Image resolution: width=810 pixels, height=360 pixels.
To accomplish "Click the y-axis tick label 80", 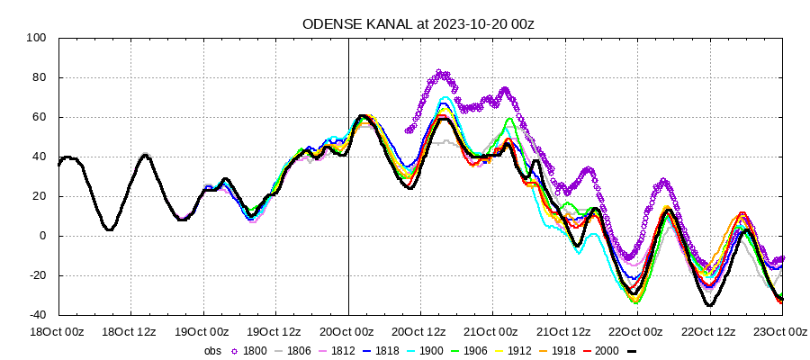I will [40, 77].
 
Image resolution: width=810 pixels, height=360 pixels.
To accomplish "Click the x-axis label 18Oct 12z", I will [130, 332].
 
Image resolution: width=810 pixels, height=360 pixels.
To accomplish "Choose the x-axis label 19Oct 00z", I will [203, 332].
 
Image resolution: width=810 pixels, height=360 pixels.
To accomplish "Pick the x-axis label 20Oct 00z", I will [348, 332].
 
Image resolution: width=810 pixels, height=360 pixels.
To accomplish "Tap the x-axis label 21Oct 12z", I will [565, 332].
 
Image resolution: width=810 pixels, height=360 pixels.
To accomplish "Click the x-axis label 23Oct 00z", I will [782, 332].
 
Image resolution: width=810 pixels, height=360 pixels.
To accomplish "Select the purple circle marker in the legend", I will [236, 351].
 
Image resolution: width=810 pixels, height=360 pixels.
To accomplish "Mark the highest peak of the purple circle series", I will [440, 72].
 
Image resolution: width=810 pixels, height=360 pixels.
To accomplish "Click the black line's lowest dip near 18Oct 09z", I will [109, 229].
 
